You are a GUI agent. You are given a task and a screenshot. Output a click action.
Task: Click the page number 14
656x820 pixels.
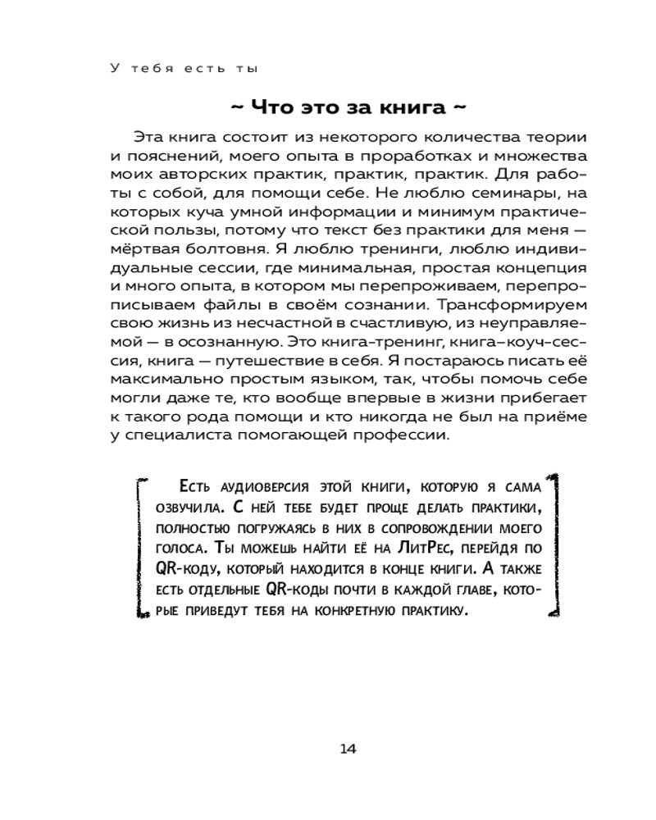(347, 748)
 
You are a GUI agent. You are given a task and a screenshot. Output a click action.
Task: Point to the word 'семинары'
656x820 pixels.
(467, 194)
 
